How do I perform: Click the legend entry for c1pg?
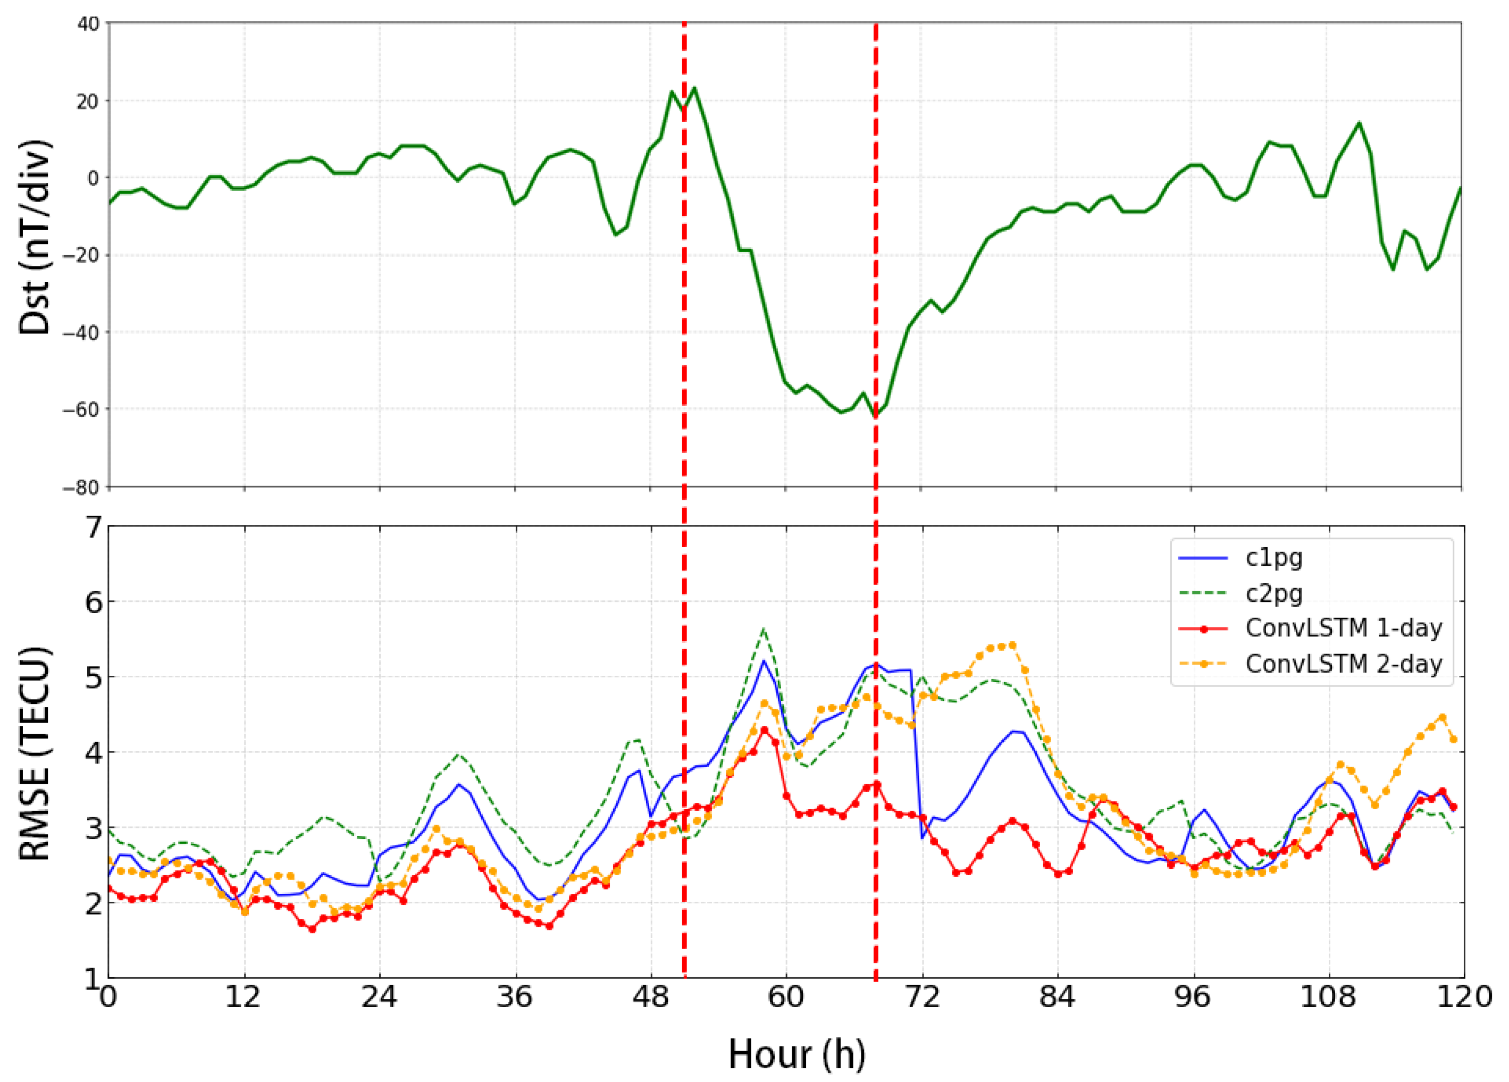(x=1273, y=558)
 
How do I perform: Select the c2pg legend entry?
(x=1273, y=593)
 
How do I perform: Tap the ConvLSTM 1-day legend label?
(x=1343, y=628)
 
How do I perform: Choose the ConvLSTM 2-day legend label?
(x=1343, y=664)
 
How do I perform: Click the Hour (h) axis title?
(x=797, y=1054)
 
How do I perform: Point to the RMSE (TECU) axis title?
(x=35, y=752)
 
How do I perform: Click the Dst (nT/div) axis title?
(x=35, y=237)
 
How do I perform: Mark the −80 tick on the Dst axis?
(x=81, y=487)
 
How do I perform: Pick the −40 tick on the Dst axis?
(x=81, y=332)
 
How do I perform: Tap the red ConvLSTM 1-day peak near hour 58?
(x=764, y=730)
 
